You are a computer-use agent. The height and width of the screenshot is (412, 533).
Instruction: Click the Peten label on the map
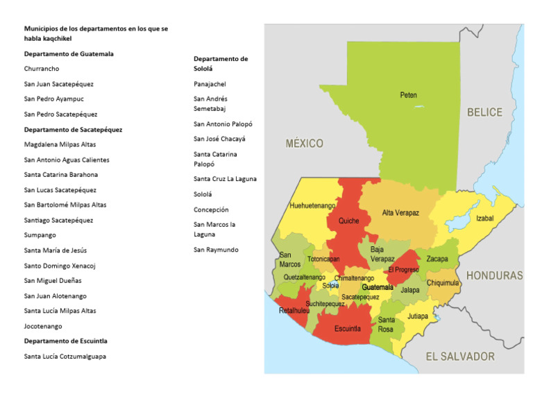click(408, 95)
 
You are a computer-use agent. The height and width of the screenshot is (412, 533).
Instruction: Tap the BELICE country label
click(484, 112)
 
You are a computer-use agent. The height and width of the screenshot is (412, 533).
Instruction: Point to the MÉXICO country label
click(305, 144)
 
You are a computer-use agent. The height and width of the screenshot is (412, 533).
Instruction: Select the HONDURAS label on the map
click(494, 275)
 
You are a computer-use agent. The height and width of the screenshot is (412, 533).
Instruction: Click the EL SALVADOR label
click(459, 357)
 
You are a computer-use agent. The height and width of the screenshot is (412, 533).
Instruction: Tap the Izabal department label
click(485, 218)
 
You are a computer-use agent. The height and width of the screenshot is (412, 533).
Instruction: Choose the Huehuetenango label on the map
click(312, 206)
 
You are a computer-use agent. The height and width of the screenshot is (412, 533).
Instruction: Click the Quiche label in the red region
click(348, 221)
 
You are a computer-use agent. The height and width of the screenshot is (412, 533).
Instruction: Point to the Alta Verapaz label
click(400, 213)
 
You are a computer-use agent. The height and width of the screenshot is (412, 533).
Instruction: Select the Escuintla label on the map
click(347, 329)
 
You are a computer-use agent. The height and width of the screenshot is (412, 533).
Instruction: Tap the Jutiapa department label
click(418, 316)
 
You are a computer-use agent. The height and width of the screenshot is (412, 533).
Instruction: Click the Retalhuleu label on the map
click(294, 311)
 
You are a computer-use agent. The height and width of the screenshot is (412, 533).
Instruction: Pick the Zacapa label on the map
click(437, 259)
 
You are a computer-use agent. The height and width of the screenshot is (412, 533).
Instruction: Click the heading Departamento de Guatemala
click(69, 53)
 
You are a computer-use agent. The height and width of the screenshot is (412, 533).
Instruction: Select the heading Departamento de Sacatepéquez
click(73, 129)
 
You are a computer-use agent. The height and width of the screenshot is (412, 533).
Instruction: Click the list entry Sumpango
click(40, 235)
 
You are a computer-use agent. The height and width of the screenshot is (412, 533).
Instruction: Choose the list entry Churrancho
click(42, 69)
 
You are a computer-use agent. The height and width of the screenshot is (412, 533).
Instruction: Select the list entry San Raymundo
click(215, 249)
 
